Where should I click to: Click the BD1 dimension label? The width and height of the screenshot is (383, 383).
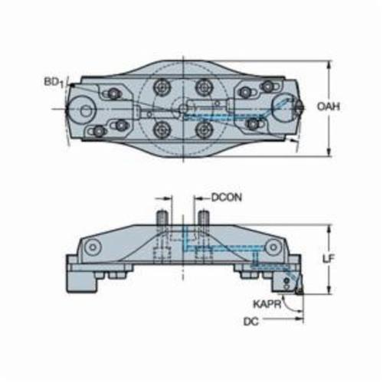coord(54,83)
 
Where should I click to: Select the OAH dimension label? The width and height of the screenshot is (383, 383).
coord(329,106)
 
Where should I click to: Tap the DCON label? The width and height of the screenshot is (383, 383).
coord(227,198)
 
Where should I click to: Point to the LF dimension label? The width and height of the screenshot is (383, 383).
coord(328,259)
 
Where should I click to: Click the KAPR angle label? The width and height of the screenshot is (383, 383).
coord(267,304)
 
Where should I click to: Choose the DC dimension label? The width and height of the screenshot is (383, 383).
coord(251,322)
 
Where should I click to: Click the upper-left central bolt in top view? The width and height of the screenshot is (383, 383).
coord(162,87)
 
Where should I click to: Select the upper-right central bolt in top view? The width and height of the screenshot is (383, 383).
coord(204,87)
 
